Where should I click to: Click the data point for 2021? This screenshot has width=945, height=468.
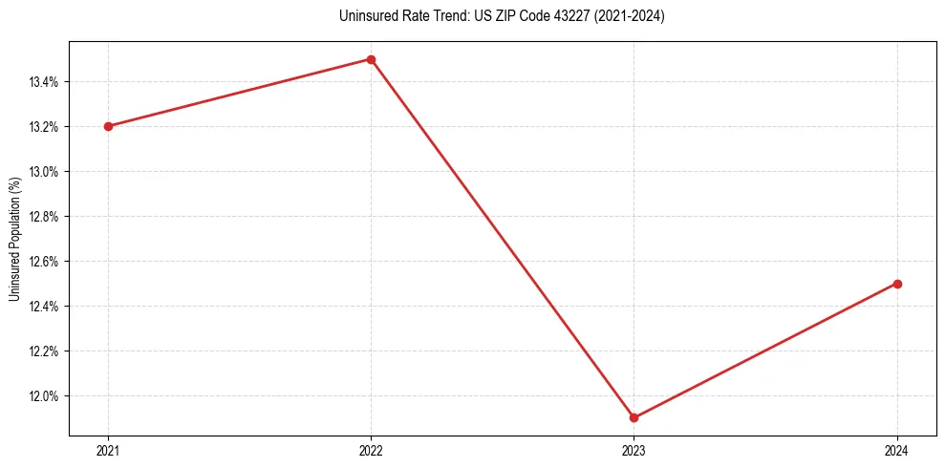point(108,126)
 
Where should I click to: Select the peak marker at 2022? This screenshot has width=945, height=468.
point(371,59)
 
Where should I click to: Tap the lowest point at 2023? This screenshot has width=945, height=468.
point(634,417)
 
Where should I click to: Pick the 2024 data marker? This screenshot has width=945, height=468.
point(897,284)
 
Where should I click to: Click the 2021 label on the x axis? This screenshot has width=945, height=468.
point(108,450)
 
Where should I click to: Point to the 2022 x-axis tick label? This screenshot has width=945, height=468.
point(371,450)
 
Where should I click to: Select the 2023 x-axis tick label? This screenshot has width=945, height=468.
point(634,450)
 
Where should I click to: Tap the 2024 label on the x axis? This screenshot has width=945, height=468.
point(897,450)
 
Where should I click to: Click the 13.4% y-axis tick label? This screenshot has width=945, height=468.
point(44,82)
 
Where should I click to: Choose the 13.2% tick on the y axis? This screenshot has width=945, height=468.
point(44,127)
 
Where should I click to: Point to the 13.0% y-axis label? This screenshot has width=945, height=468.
point(44,172)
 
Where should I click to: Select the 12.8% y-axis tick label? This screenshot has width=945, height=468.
point(44,217)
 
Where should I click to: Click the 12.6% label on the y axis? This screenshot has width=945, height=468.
point(44,262)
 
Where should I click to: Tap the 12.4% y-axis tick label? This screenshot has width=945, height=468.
point(44,307)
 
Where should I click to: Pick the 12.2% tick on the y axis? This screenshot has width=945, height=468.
point(44,351)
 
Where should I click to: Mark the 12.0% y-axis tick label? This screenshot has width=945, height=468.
point(44,396)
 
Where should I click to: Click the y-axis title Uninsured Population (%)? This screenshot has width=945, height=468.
point(14,239)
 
